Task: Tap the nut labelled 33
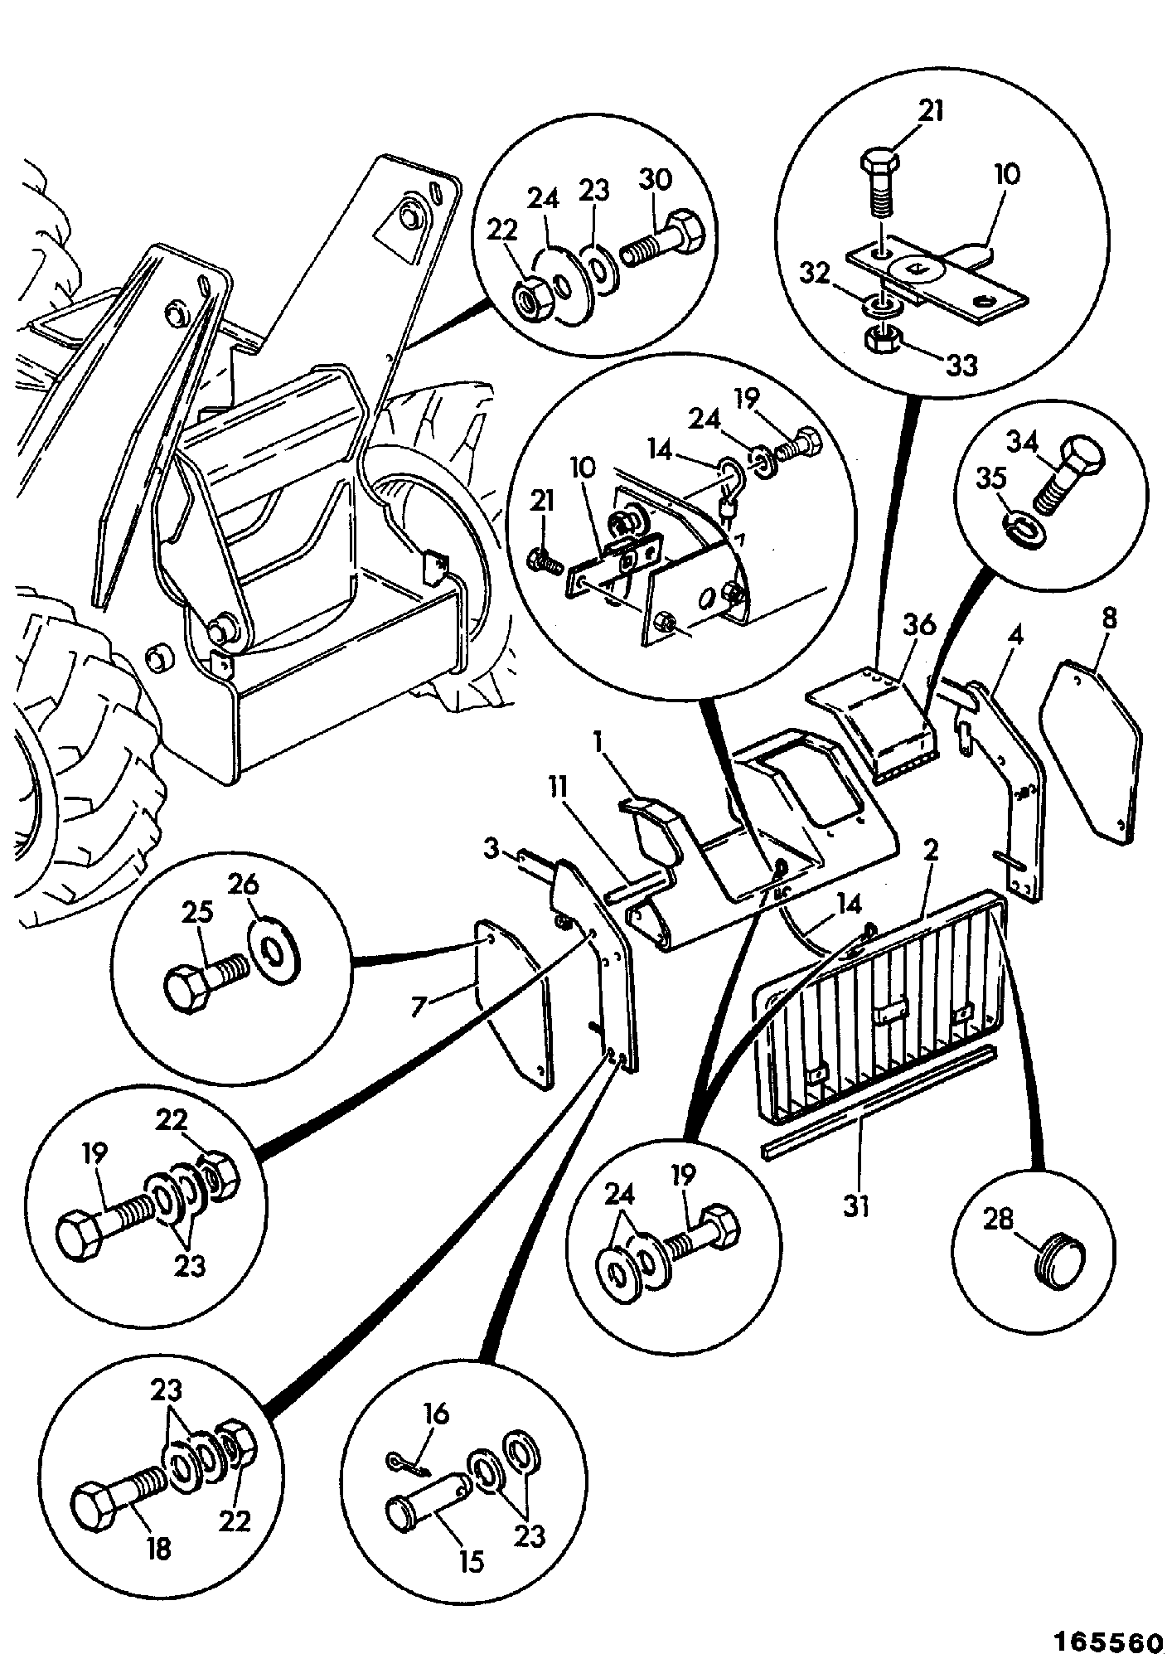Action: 883,337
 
